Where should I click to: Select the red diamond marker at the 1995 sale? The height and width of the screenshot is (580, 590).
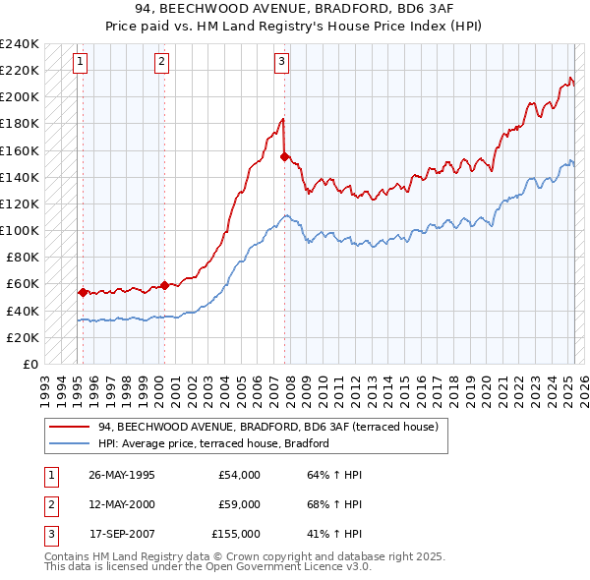point(83,292)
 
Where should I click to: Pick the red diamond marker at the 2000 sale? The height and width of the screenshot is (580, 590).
point(164,285)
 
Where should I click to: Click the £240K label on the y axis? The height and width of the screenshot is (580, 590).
point(20,44)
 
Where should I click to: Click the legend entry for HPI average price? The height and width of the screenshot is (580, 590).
point(211,444)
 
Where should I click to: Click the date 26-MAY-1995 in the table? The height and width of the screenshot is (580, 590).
point(122,475)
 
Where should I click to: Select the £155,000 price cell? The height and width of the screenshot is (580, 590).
point(236,534)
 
